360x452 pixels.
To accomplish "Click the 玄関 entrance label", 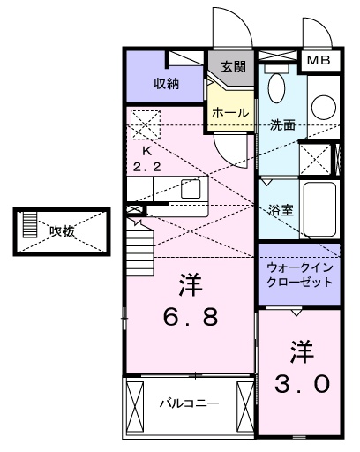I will (232, 66).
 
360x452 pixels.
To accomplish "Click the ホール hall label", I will (230, 113).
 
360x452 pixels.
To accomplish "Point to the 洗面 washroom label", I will (283, 125).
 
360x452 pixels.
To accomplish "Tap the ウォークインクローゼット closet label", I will (299, 275).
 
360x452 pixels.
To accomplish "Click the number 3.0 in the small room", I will (299, 368).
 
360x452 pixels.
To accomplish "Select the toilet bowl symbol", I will (276, 87).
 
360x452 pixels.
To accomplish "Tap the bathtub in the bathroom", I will (320, 208).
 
